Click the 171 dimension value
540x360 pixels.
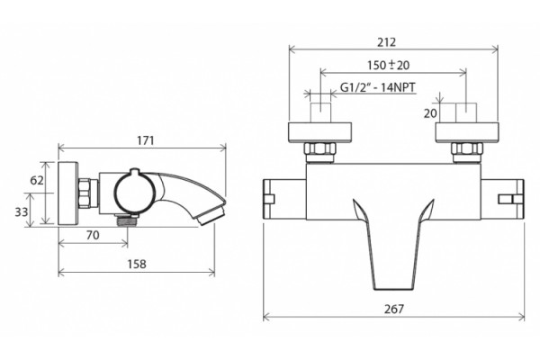(146, 140)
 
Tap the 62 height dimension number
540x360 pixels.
(37, 180)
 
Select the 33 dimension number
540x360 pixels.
(21, 211)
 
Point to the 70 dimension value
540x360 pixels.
(93, 235)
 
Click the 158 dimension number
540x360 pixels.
(137, 265)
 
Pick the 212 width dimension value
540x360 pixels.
(387, 42)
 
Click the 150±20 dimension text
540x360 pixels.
(388, 65)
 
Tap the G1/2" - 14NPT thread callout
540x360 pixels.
(378, 87)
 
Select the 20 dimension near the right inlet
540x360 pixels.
(430, 113)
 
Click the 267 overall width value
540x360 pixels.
(394, 309)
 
